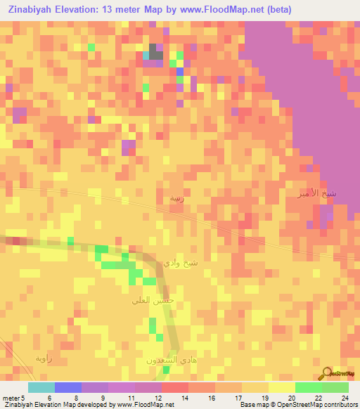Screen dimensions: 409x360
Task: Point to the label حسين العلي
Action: coord(152,300)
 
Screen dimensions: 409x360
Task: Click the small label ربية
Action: coord(176,199)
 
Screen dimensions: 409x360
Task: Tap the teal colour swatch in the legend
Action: coord(41,387)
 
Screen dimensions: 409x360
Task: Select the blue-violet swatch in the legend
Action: coord(67,387)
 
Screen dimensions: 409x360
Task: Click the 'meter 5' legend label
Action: coord(13,398)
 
